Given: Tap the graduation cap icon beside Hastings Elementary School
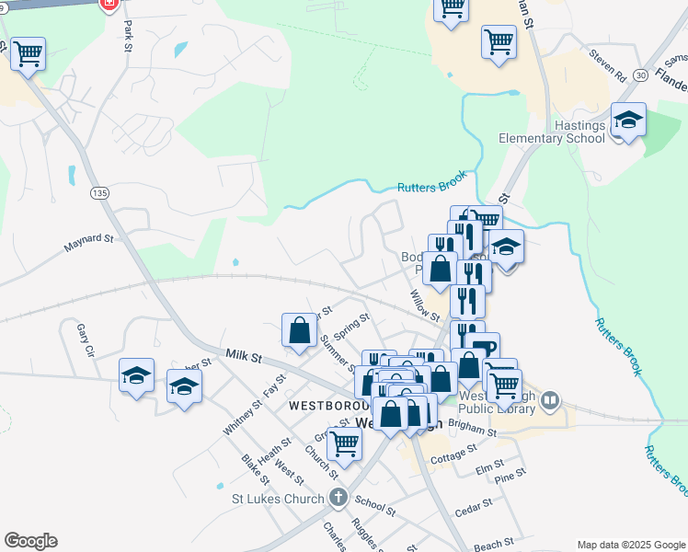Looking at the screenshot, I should tap(629, 121).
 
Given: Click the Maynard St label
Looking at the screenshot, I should tap(88, 244).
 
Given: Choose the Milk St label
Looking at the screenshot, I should tap(243, 354).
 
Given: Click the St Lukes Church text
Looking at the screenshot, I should tap(276, 500).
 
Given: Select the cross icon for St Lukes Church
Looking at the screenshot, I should tap(338, 500).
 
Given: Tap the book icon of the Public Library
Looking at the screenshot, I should tap(550, 400).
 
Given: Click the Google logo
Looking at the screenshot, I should tap(30, 541).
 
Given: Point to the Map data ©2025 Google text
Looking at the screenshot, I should tap(630, 545).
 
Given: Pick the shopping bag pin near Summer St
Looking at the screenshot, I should tap(300, 331).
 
